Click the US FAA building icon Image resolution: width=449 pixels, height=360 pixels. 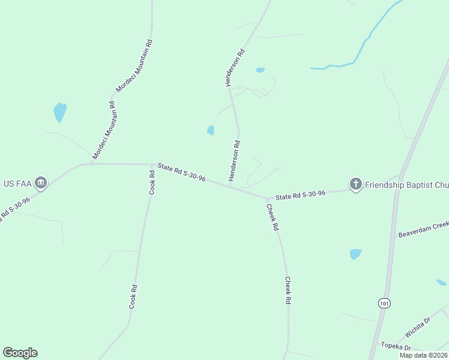pos(41,182)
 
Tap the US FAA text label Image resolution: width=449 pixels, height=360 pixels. pos(16,183)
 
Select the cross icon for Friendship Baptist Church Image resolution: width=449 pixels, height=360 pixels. pos(355,184)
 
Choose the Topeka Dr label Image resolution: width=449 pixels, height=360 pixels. pos(396,347)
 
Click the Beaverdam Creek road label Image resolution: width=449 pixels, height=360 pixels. pos(423,229)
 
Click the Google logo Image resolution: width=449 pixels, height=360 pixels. pos(20,353)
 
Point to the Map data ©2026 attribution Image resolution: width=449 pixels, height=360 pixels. pos(423,355)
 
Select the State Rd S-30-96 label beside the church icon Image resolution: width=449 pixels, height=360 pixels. pos(300,195)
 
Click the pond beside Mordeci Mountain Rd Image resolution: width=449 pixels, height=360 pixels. pos(59,112)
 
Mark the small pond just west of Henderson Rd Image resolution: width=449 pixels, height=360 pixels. pos(211,130)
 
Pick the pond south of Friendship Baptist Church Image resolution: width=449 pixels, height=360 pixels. pos(355,254)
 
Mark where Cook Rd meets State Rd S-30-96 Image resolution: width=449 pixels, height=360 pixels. pos(151,164)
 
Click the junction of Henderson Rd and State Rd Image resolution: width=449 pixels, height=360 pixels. pos(231,186)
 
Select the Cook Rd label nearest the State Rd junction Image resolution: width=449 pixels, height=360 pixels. pos(152,182)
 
